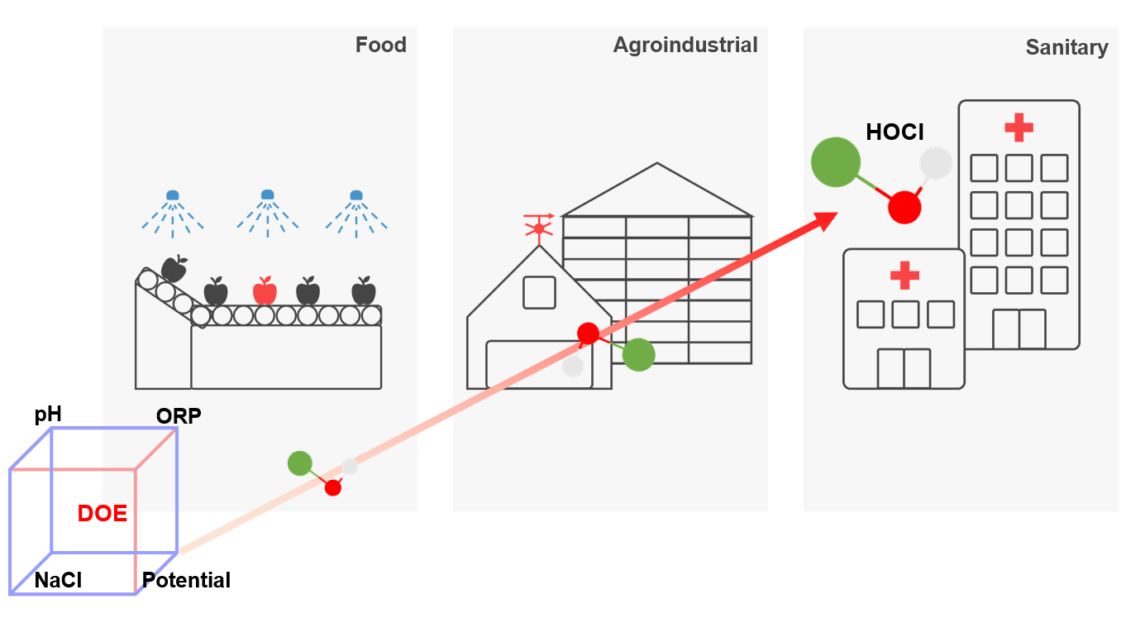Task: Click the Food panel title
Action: click(380, 45)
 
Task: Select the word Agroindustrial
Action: click(685, 45)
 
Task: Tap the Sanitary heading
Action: click(1066, 47)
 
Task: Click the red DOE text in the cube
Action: click(103, 513)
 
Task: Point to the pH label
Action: click(48, 414)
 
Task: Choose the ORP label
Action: click(179, 415)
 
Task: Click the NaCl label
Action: click(58, 580)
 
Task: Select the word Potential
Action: click(186, 580)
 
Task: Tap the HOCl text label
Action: click(895, 132)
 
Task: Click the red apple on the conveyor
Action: click(265, 290)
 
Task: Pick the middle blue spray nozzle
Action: click(267, 195)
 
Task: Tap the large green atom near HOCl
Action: click(836, 162)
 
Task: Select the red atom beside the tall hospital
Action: click(904, 207)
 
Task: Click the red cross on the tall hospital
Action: click(1019, 127)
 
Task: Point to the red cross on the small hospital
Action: click(904, 275)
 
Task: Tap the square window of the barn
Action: click(539, 292)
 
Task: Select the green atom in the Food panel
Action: click(299, 463)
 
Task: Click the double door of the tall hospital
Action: click(1019, 328)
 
